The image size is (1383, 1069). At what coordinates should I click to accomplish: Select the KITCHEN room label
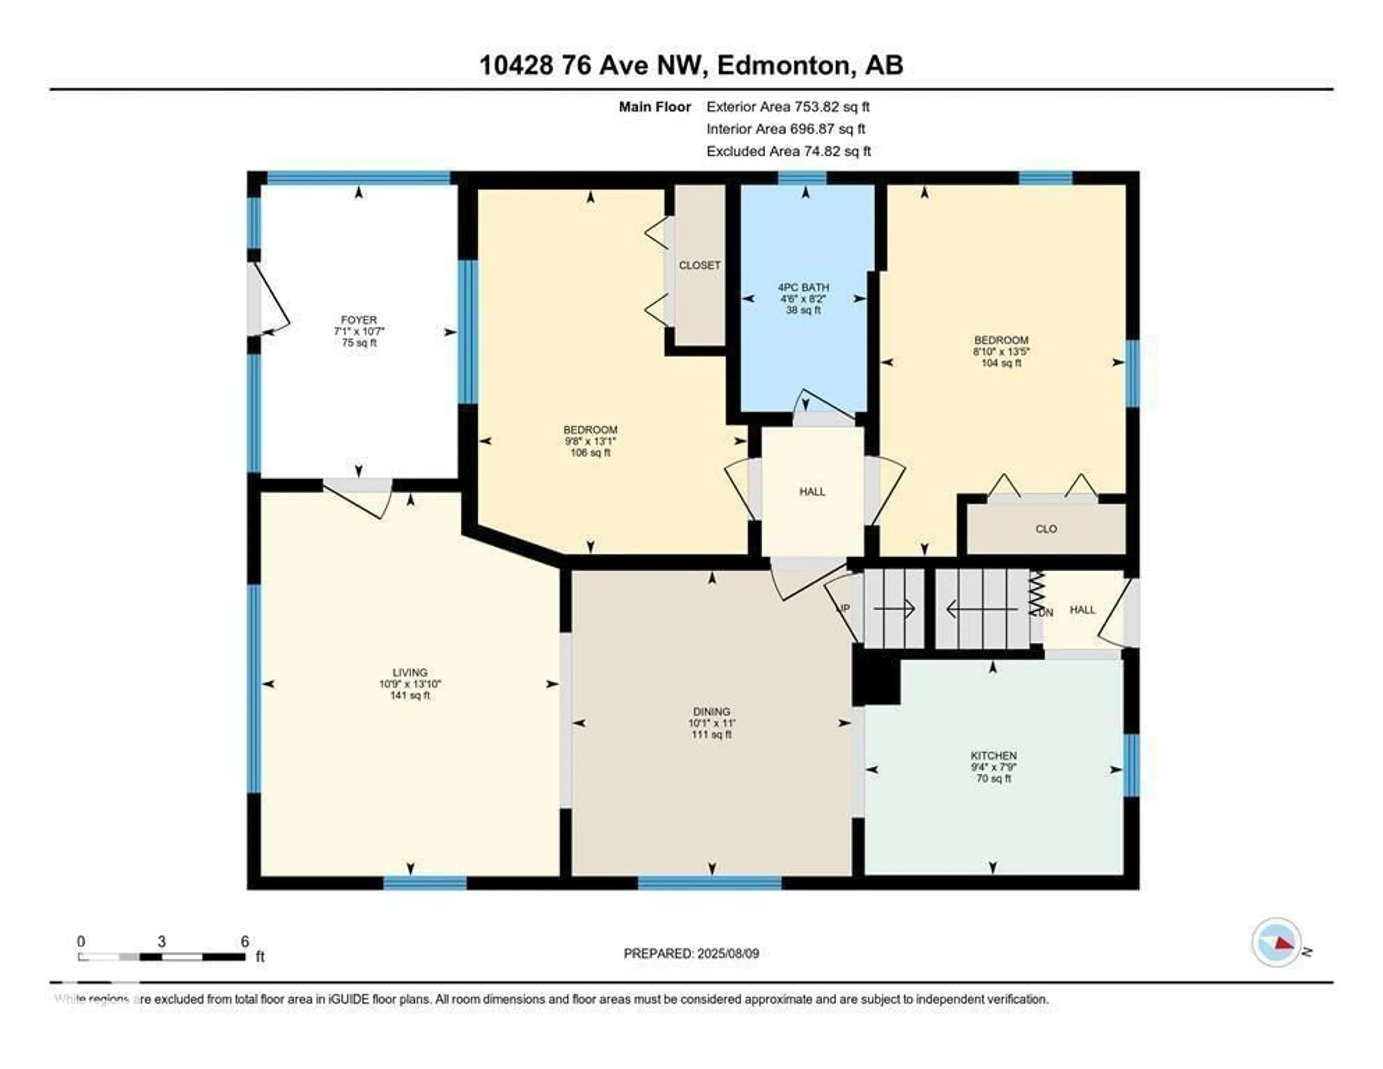(x=994, y=756)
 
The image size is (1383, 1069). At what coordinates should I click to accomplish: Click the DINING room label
(x=711, y=711)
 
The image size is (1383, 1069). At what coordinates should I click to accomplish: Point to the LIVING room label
(x=410, y=672)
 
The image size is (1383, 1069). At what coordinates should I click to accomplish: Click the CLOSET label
(x=699, y=265)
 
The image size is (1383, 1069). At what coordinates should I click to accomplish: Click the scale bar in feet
(x=161, y=956)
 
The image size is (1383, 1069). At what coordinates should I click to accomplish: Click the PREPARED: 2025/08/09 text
(x=691, y=953)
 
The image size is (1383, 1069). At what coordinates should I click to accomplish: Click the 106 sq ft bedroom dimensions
(x=590, y=441)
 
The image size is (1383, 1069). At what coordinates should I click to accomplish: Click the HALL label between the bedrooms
(x=812, y=492)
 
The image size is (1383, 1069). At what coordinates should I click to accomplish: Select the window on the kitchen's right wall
(x=1131, y=764)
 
